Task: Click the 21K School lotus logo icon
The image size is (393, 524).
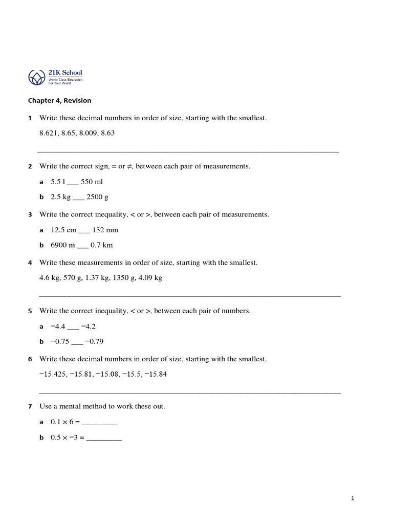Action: [36, 78]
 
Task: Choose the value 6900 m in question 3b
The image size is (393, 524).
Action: [62, 245]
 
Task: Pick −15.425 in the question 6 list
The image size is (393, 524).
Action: [54, 374]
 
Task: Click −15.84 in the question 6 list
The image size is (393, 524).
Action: [156, 374]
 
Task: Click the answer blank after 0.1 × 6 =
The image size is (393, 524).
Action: [99, 423]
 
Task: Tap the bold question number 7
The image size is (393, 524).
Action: [30, 406]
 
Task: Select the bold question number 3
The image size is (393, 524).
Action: [30, 214]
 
